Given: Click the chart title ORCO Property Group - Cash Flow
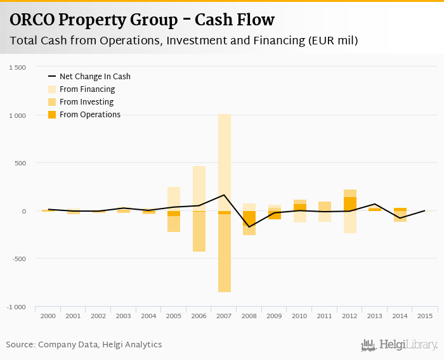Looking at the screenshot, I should (142, 20).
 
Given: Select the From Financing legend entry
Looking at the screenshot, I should (86, 89).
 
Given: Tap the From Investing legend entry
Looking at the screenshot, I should (86, 102).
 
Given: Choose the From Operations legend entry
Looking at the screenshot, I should (89, 115).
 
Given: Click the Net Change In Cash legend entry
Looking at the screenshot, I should (95, 77).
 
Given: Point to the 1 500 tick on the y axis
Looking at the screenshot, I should (18, 67).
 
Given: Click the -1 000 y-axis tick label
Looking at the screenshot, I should (16, 307).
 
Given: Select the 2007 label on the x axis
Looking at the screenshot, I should (224, 316).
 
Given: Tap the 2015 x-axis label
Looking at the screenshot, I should (425, 316).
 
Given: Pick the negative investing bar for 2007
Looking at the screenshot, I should (224, 254).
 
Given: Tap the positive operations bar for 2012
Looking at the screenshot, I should (350, 204).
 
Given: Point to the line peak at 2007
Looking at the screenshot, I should (224, 195).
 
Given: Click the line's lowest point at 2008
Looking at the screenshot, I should (249, 227).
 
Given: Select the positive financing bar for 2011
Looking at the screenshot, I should (325, 206).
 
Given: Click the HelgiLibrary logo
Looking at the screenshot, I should (399, 345).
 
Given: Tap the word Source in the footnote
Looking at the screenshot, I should (20, 345).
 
